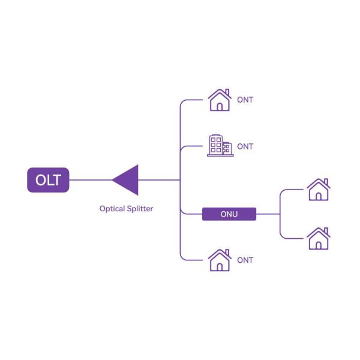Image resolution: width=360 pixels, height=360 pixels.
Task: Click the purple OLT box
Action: [48, 180]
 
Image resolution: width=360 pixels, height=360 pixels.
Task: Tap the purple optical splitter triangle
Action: [128, 179]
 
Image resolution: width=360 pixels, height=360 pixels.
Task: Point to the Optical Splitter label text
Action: [126, 209]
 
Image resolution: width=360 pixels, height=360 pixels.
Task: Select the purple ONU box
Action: [229, 214]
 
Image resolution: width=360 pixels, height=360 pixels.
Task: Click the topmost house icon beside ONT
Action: [219, 100]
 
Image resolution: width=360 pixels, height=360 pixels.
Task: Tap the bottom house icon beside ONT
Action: [219, 260]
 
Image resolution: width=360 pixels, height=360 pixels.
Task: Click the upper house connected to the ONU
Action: [318, 190]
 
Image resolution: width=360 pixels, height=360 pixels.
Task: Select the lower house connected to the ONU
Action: [318, 238]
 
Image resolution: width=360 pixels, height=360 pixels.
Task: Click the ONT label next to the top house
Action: [245, 100]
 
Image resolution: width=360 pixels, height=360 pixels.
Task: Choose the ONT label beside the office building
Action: [245, 146]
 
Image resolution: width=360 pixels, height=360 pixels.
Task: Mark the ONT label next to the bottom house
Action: [245, 260]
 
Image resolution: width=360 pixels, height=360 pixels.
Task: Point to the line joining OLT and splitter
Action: [90, 179]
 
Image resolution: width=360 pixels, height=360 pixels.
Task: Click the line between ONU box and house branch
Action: [268, 214]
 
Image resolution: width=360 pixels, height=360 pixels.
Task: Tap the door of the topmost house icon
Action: [220, 106]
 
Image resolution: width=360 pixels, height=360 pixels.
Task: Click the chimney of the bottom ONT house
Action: [226, 252]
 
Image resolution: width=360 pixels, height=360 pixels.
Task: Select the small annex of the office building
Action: [227, 148]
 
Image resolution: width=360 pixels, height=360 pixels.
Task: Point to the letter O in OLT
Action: [39, 180]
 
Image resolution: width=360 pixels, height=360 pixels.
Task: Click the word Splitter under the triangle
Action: [139, 209]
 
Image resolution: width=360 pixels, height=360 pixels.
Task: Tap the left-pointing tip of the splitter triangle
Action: [113, 179]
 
